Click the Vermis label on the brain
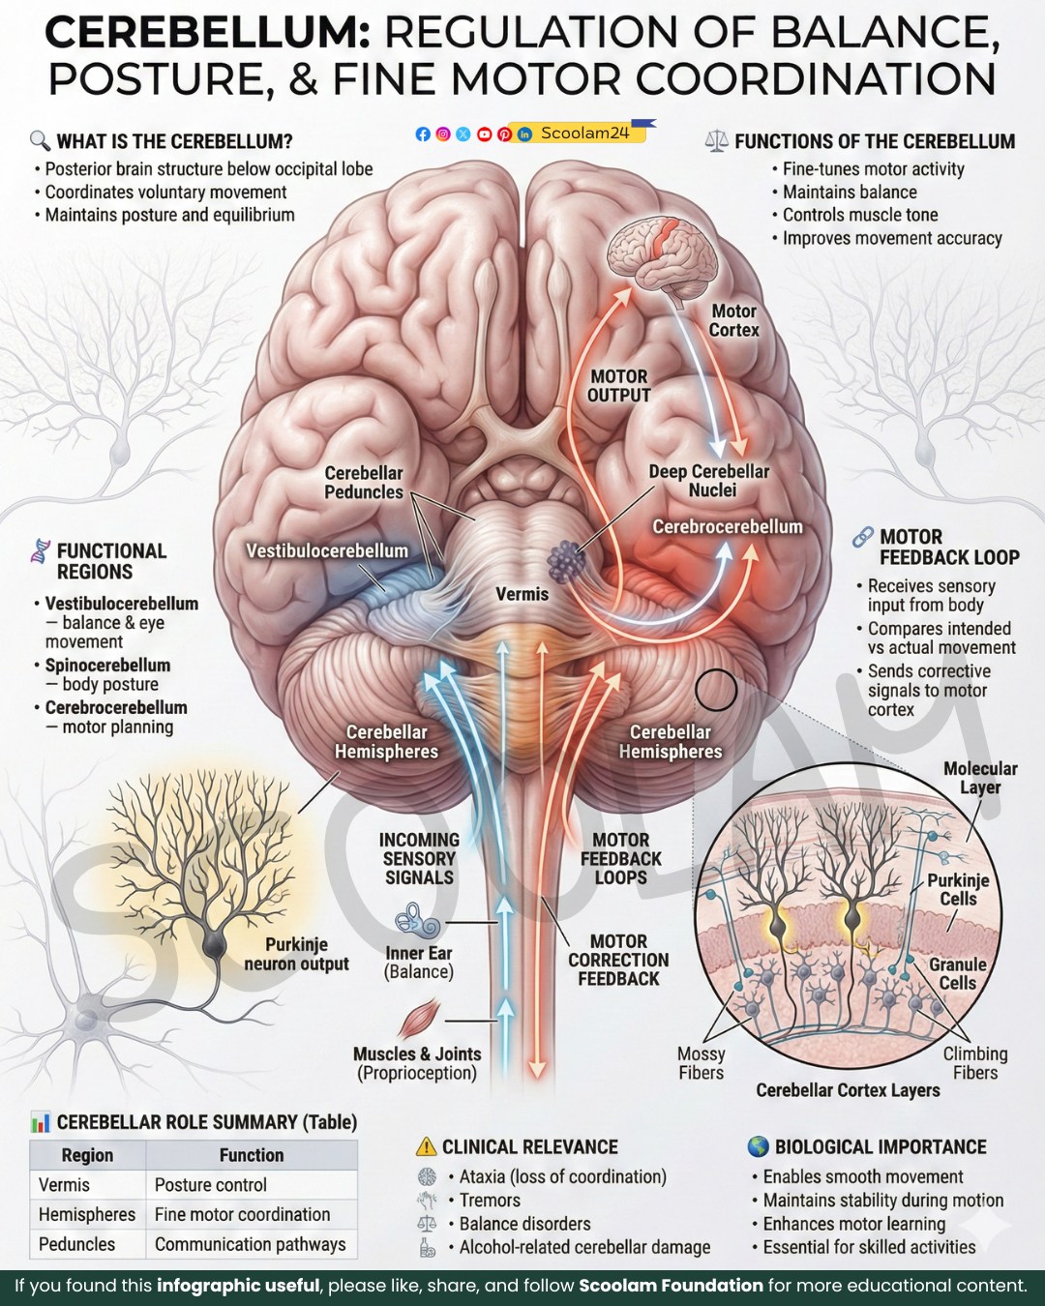tap(522, 594)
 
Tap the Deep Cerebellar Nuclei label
tap(708, 481)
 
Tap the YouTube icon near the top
tap(484, 134)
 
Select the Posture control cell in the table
tap(210, 1185)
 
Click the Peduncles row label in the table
tap(76, 1244)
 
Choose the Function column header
tap(252, 1155)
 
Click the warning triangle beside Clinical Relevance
tap(427, 1146)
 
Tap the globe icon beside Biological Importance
tap(758, 1146)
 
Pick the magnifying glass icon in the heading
tap(40, 141)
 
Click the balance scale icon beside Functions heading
tap(716, 142)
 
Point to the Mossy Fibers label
tap(702, 1063)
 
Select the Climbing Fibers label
tap(975, 1063)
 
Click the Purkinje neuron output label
tap(296, 955)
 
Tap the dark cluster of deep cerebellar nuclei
tap(566, 561)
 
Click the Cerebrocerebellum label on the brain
tap(728, 527)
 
